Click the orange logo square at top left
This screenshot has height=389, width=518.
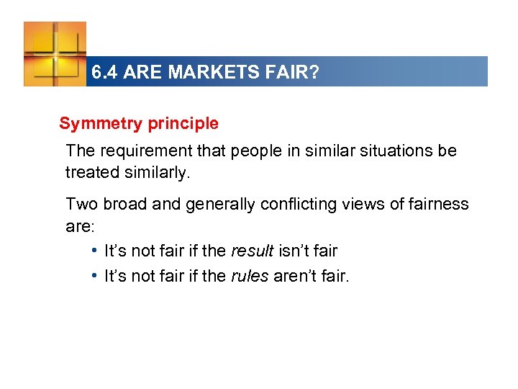click(x=55, y=53)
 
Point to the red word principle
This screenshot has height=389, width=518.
click(x=183, y=124)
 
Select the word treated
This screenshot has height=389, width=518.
click(x=89, y=173)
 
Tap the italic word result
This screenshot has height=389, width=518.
click(x=252, y=251)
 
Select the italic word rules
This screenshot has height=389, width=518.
click(x=250, y=275)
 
